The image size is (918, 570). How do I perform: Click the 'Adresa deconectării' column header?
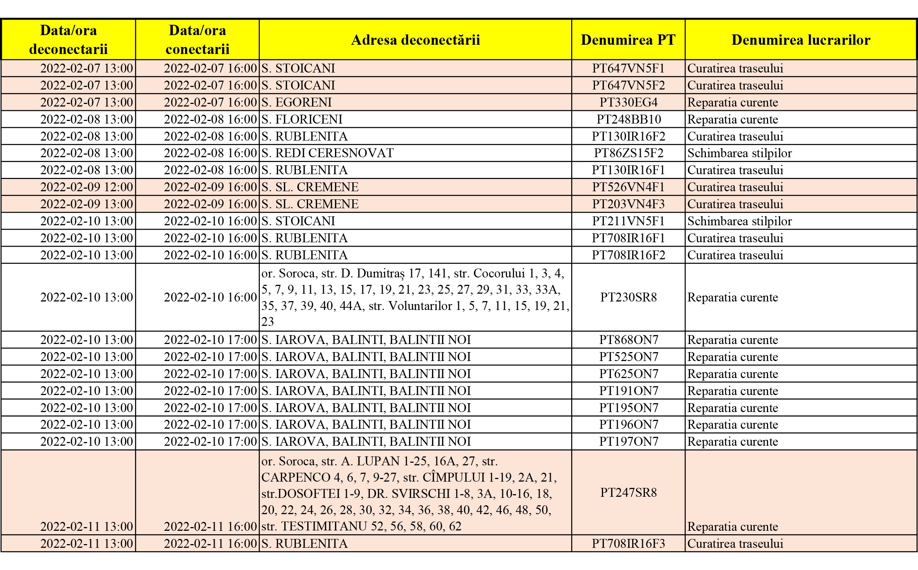(415, 40)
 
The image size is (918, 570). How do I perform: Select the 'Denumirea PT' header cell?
(628, 40)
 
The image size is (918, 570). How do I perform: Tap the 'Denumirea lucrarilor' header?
(801, 40)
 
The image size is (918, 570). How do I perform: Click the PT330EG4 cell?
(628, 102)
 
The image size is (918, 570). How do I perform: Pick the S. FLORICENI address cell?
(302, 119)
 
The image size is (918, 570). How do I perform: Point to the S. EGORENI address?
(297, 102)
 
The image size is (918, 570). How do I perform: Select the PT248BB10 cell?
(628, 119)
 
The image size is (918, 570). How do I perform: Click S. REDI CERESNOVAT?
(327, 153)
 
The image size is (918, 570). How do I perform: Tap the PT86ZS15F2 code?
(628, 153)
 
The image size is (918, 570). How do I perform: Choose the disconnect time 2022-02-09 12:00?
(86, 187)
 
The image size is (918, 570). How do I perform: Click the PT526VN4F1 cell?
(628, 187)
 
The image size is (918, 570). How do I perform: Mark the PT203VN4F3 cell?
(628, 204)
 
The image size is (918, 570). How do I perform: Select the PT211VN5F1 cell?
(628, 221)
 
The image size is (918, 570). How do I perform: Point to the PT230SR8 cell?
(628, 297)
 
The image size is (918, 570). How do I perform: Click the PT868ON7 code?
(628, 340)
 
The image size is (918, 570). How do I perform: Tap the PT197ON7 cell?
(628, 441)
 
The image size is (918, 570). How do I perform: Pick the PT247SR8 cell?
(628, 492)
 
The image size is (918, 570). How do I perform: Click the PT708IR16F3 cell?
(628, 544)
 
